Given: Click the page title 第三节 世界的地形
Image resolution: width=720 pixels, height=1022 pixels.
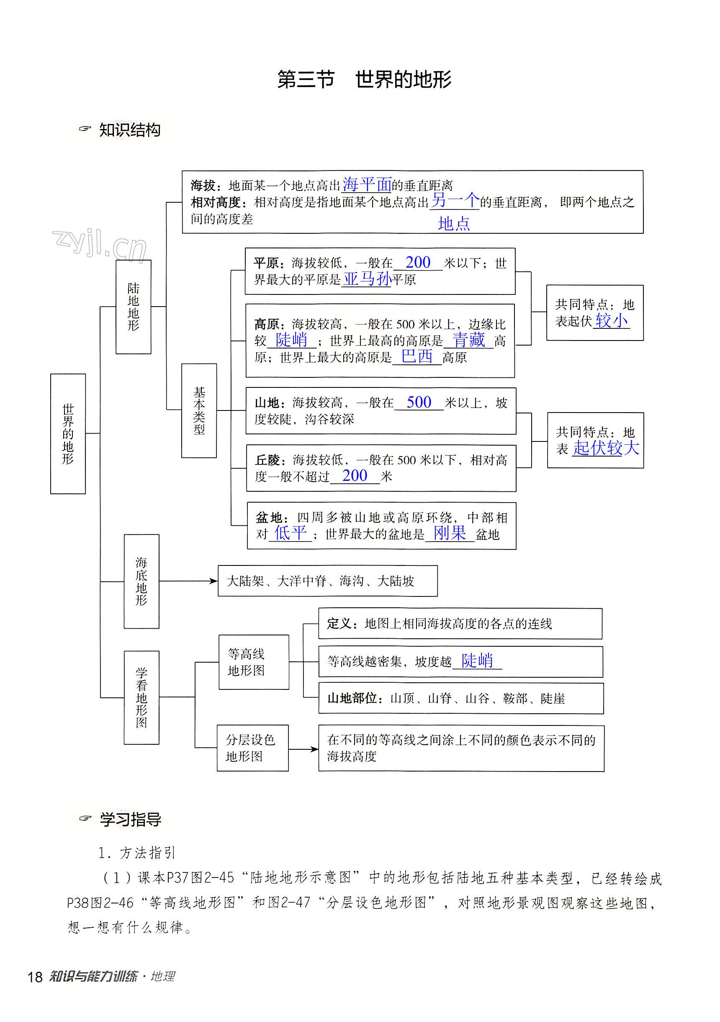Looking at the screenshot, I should pos(364,80).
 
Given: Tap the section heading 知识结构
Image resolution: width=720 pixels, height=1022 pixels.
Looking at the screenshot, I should pos(129,130).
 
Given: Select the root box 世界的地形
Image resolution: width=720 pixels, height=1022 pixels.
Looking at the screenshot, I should pos(68,434).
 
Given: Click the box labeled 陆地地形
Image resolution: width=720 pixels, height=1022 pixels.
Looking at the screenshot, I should pos(134,307).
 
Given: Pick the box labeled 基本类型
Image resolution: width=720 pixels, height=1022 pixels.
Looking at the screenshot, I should pos(199,410).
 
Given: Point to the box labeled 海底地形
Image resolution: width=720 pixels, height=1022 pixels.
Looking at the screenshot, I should pos(141,581).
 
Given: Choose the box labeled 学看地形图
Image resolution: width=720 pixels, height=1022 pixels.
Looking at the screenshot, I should pos(141,697).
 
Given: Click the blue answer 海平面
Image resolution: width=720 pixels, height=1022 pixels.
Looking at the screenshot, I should pos(367,184).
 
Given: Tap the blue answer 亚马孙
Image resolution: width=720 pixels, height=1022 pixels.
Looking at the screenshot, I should pos(367,279).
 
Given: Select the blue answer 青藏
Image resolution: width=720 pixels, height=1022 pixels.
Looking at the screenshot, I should pos(468,340).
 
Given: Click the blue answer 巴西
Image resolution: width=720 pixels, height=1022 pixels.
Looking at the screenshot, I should pos(417,356).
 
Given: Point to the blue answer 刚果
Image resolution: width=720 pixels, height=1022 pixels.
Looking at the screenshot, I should pos(450,533).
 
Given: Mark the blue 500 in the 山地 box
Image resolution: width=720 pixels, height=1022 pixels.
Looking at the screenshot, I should pos(419,403).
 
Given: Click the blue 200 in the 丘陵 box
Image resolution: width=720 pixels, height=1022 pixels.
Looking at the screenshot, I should pos(355,476).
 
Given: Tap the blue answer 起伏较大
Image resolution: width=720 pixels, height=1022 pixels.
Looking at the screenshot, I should pos(606,448).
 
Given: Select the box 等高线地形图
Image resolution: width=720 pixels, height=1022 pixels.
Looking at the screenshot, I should pos(254,662).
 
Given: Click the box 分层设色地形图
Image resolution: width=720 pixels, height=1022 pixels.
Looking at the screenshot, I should pos(252,748).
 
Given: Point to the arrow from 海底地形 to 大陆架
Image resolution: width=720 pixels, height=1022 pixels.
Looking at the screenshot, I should pos(188,581).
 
